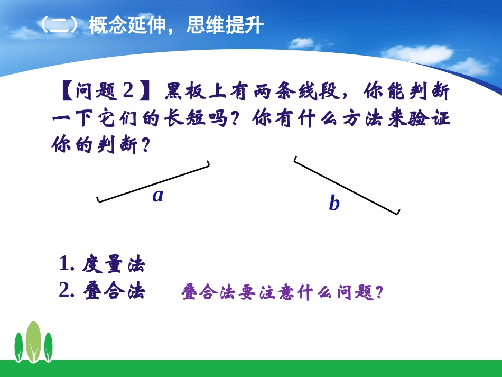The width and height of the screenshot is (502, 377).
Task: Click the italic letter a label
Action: [x=157, y=196]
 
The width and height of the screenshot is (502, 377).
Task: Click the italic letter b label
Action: [x=334, y=204]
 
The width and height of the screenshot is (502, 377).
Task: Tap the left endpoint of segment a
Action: [x=98, y=200]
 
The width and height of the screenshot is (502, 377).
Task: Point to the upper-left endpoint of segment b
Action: [x=295, y=160]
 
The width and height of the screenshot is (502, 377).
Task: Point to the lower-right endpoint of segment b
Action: [x=397, y=213]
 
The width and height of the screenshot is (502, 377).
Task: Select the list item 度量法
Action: [x=113, y=264]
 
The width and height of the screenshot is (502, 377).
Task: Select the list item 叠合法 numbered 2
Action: [x=113, y=291]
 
